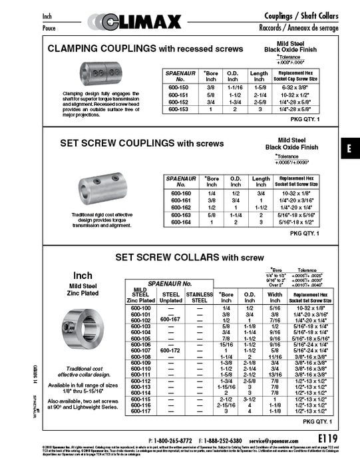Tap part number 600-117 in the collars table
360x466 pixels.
coord(141,411)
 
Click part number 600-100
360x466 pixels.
coord(141,308)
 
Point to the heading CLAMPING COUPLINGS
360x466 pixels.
coord(100,50)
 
